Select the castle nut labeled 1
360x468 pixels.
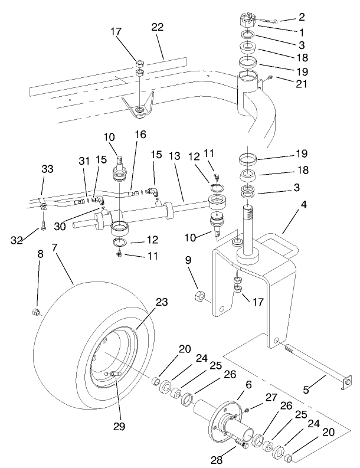(x=248, y=22)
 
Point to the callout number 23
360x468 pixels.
(x=160, y=303)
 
